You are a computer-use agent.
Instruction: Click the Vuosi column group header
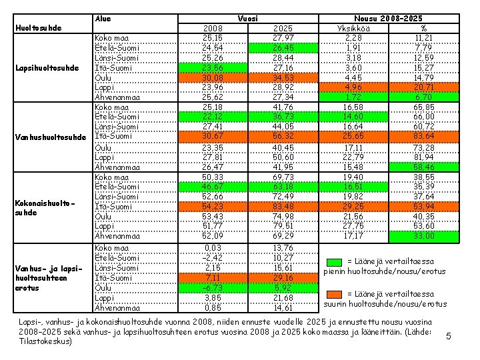tap(247, 19)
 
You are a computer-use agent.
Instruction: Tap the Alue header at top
tap(103, 19)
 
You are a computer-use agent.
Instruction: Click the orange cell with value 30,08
tap(213, 77)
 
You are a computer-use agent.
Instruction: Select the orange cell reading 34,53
tap(283, 77)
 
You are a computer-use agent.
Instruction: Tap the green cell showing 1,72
tap(353, 97)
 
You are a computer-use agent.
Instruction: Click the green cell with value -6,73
tap(213, 288)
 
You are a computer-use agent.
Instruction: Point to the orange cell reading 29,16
tap(283, 278)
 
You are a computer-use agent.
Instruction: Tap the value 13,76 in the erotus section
tap(283, 247)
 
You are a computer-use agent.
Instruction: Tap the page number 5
tap(449, 336)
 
